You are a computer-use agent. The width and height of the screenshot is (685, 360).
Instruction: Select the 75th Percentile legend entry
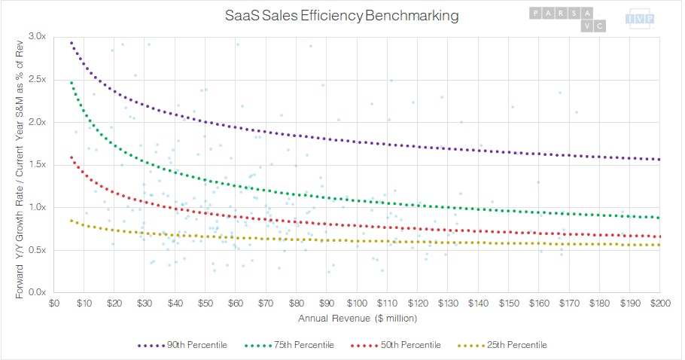293,345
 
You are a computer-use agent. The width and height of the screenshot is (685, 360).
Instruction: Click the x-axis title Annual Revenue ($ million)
357,318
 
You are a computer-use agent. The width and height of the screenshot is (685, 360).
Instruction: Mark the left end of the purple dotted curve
71,43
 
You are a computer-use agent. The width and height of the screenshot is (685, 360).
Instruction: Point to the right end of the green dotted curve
659,218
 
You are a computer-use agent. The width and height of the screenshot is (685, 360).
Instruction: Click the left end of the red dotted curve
71,157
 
